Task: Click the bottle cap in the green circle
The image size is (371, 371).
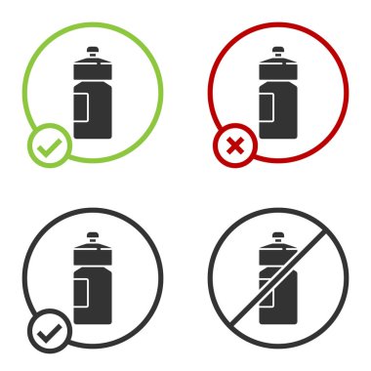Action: [x=93, y=51]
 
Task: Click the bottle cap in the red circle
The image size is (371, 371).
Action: [x=277, y=51]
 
